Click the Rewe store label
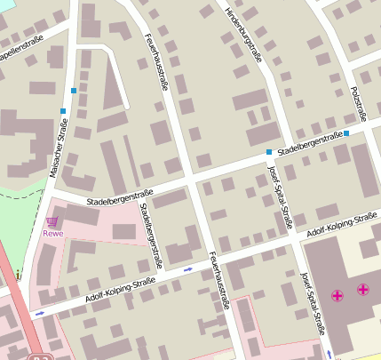point(53,235)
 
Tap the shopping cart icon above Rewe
point(53,221)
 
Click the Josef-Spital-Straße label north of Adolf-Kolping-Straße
point(280,197)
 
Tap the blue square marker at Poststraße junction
point(346,133)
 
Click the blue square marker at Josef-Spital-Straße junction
point(269,153)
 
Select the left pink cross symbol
point(337,294)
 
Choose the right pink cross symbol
point(363,289)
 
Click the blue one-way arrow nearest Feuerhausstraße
point(187,268)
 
